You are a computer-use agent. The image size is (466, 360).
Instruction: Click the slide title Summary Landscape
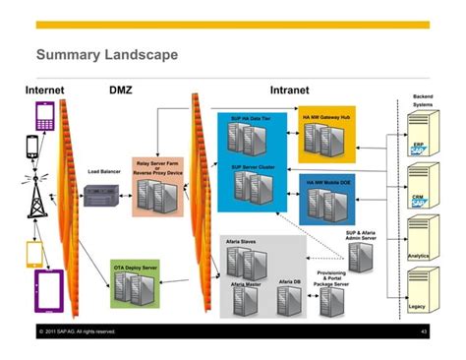click(106, 54)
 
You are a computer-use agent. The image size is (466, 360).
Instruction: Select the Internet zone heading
click(44, 90)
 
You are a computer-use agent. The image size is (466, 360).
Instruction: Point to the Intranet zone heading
click(294, 90)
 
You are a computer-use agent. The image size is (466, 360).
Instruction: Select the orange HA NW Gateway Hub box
click(327, 138)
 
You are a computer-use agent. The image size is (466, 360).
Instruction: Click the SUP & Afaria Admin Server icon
click(361, 257)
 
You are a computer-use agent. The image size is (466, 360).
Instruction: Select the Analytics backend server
click(420, 239)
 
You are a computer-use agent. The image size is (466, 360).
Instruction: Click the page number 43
click(423, 331)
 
